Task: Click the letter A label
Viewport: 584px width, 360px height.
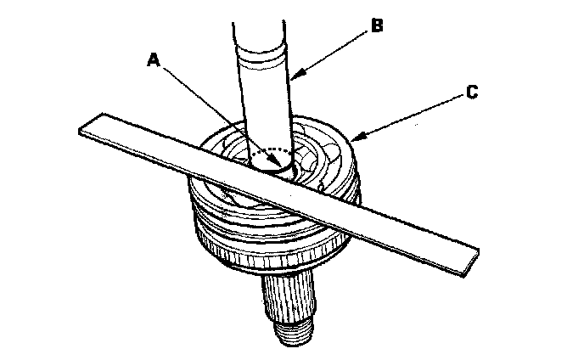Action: pyautogui.click(x=153, y=59)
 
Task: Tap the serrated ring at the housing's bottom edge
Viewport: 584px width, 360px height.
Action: pyautogui.click(x=280, y=256)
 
